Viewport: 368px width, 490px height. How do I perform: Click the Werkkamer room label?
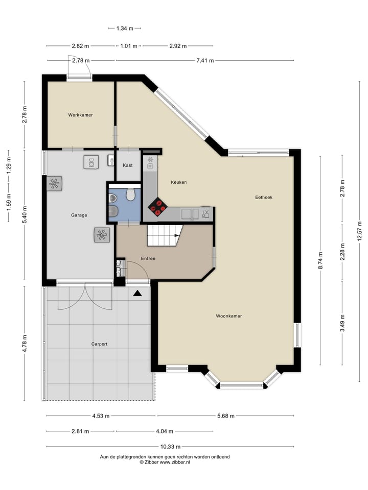point(80,115)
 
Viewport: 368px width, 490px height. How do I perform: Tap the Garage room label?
point(79,215)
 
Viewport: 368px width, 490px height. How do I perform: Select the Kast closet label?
point(128,165)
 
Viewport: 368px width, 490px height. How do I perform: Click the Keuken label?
point(178,182)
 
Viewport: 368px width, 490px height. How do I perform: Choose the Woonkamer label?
point(228,316)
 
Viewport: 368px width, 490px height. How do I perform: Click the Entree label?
point(148,258)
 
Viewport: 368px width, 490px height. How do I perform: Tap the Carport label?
point(99,344)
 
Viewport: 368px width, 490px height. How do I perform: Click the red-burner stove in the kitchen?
point(158,206)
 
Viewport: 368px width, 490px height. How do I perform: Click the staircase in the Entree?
point(164,236)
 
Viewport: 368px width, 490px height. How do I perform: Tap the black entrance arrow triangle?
point(137,293)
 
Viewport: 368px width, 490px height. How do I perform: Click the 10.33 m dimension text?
point(171,446)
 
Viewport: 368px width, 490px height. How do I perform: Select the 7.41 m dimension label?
point(205,60)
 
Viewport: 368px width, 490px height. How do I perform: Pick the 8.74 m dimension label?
point(320,260)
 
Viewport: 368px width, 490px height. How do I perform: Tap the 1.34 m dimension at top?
point(124,28)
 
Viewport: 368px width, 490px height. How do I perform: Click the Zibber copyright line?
point(165,462)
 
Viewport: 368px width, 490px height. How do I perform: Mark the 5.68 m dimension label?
point(225,415)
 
